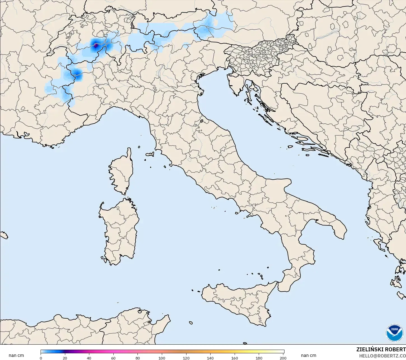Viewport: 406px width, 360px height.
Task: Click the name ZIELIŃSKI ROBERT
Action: (381, 350)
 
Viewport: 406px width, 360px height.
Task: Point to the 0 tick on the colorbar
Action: (41, 358)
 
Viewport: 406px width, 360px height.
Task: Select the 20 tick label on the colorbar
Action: (65, 358)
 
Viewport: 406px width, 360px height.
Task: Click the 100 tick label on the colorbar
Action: (162, 358)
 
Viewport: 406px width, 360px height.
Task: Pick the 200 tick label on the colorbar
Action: (283, 358)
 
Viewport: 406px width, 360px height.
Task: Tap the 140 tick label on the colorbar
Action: (210, 358)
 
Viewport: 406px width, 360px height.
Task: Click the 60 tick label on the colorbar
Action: (113, 358)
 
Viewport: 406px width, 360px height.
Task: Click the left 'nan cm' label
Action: (16, 356)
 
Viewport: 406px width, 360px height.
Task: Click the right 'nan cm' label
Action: (309, 356)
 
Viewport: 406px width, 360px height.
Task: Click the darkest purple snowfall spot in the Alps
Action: (96, 45)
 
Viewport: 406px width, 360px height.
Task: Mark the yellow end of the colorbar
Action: (277, 352)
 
